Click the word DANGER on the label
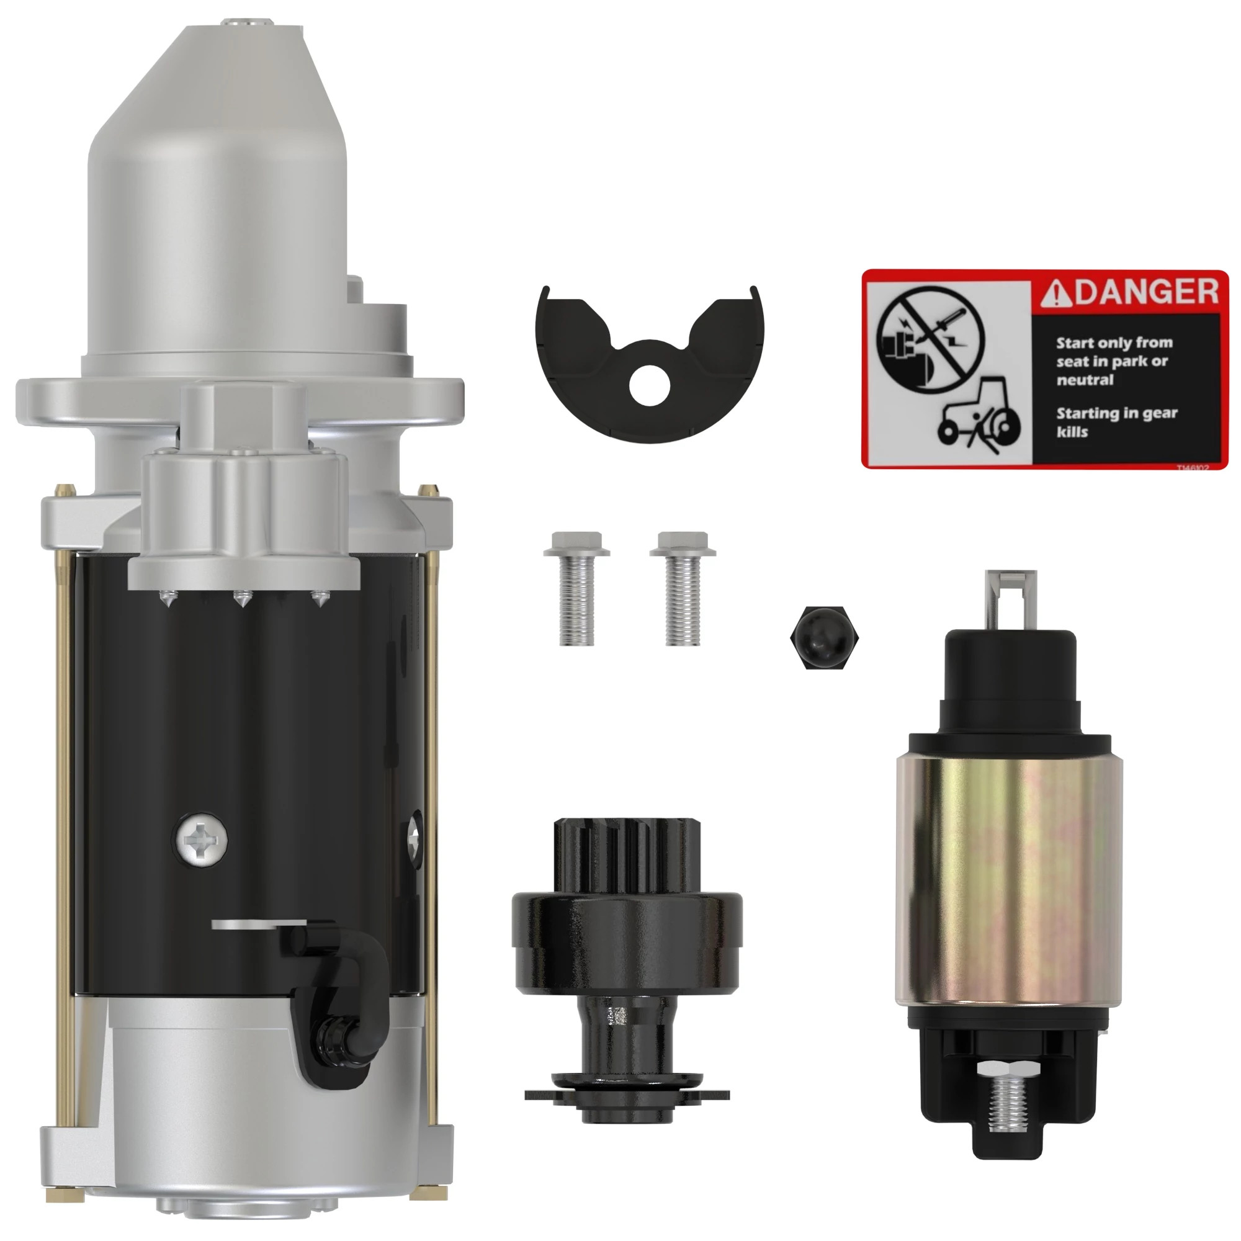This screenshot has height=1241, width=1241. [x=1147, y=292]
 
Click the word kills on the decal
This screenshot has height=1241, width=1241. [x=1072, y=432]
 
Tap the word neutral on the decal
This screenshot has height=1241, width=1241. [x=1085, y=380]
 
